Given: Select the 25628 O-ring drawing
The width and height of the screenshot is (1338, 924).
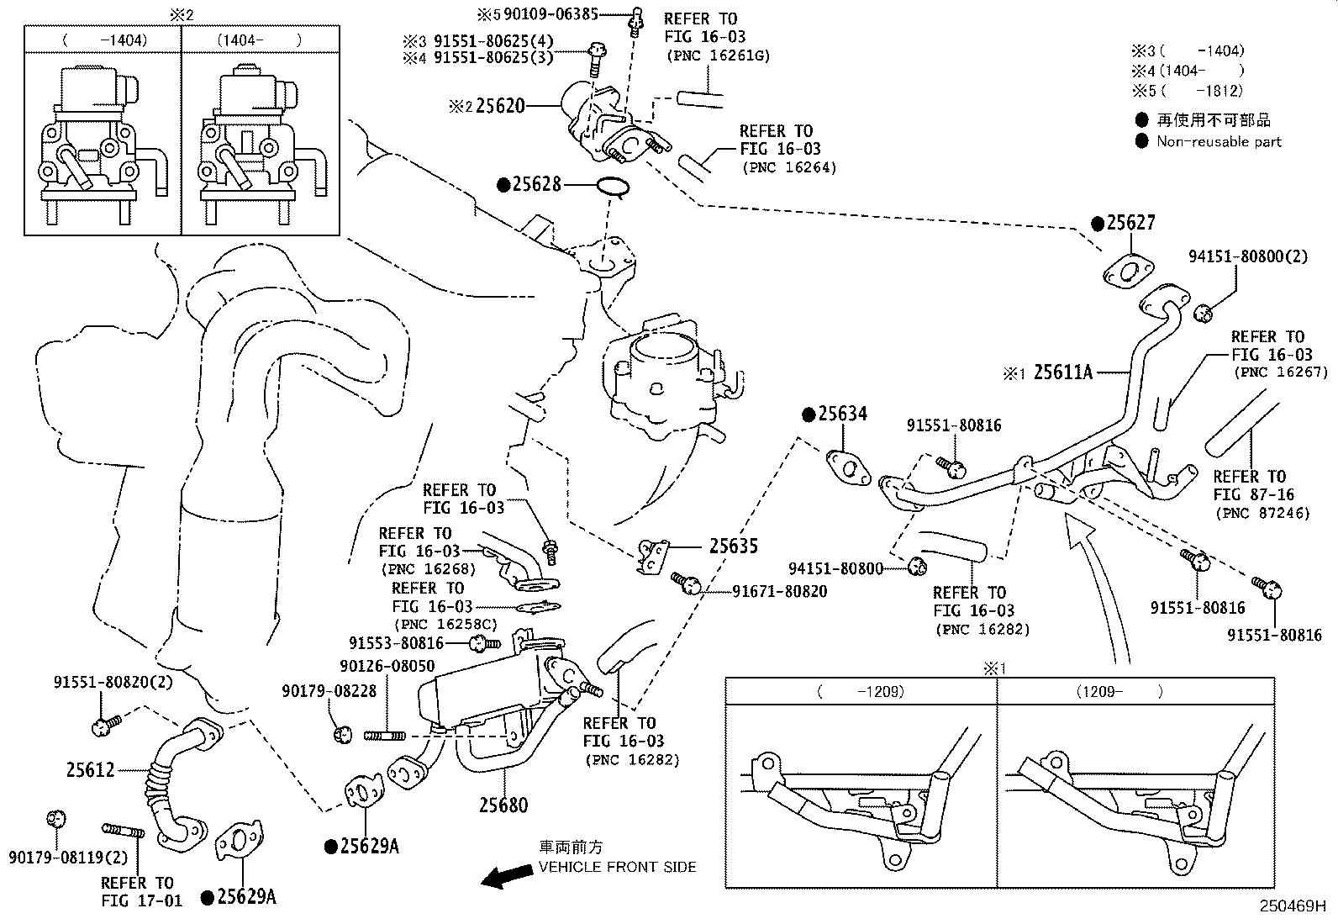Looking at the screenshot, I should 614,188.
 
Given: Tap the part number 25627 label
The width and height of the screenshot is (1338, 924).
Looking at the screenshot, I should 1130,223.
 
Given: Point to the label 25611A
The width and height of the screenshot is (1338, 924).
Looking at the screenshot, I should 1062,372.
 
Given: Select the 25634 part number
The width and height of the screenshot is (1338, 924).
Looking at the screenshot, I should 843,414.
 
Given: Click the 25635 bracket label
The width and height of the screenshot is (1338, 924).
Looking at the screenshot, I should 733,546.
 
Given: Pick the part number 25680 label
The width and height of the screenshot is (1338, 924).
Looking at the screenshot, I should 503,805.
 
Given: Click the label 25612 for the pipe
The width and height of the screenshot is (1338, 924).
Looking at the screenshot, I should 91,769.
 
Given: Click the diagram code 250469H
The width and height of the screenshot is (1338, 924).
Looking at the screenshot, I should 1291,907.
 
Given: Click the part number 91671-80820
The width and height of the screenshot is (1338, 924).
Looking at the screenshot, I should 779,592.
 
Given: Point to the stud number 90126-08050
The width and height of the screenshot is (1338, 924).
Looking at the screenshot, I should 387,666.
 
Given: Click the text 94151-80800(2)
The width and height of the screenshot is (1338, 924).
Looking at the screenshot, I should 1247,256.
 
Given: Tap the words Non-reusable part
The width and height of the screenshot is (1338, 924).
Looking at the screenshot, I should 1219,141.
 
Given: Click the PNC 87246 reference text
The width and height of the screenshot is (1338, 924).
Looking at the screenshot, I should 1262,513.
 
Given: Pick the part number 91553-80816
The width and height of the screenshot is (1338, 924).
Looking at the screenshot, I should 396,643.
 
